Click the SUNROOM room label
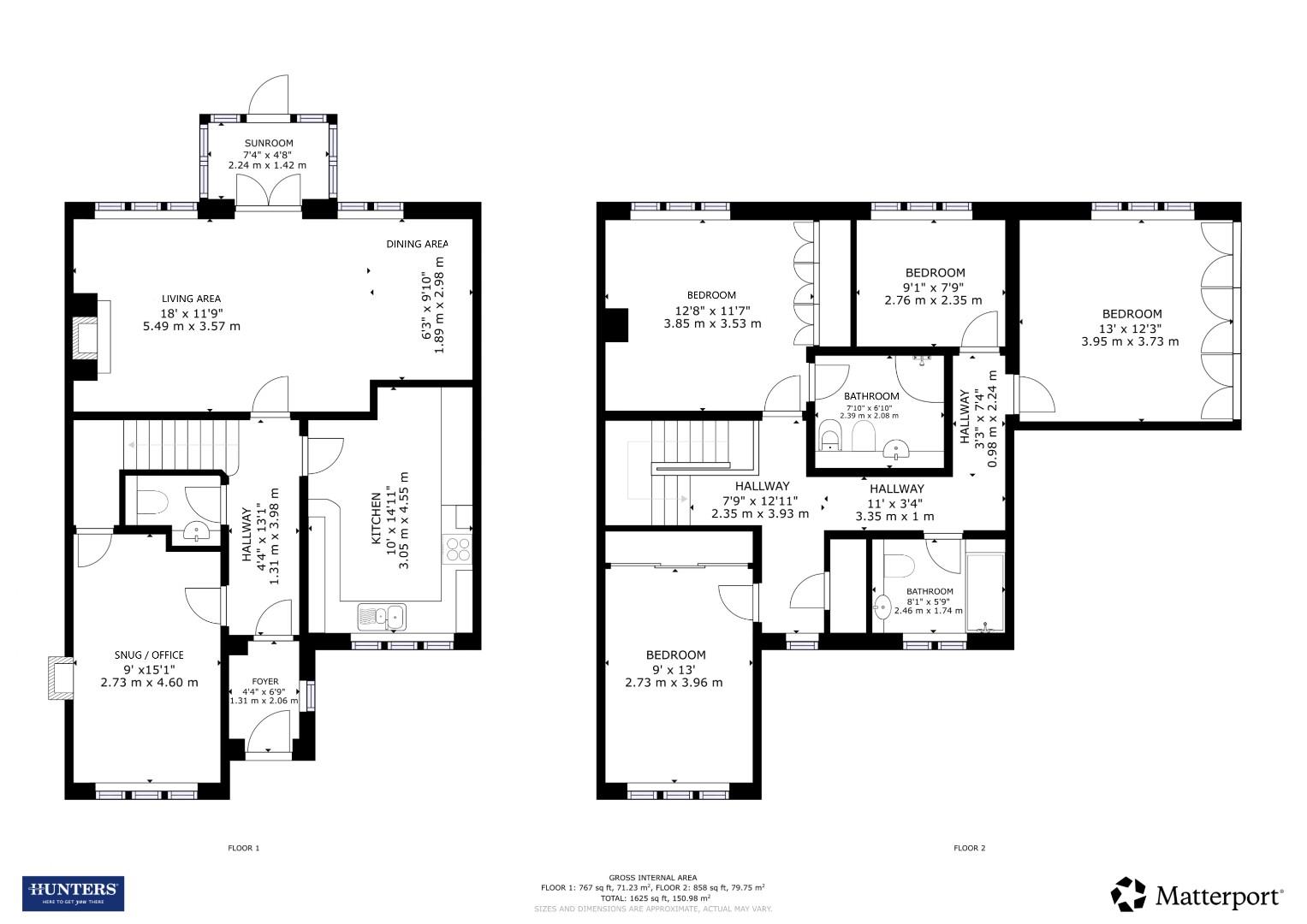coord(268,143)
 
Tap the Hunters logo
coord(73,893)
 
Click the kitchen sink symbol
coord(382,615)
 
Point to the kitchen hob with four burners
coord(458,548)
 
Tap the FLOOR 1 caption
coord(243,848)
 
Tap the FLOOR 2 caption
coord(969,848)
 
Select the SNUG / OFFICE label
coord(149,655)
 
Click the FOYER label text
coord(264,681)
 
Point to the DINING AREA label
coord(417,244)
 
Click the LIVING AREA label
coord(191,299)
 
